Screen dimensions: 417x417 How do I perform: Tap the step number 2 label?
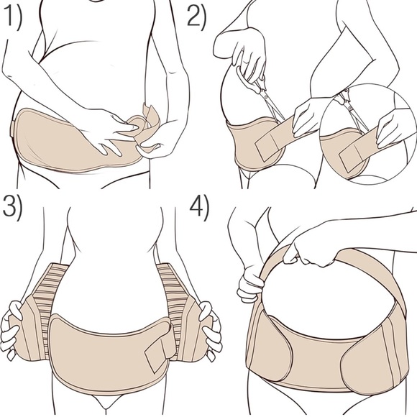click(197, 17)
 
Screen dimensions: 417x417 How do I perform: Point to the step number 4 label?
click(199, 210)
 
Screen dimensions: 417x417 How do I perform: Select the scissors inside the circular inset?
click(352, 109)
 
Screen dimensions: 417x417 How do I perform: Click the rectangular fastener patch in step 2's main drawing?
click(269, 148)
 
